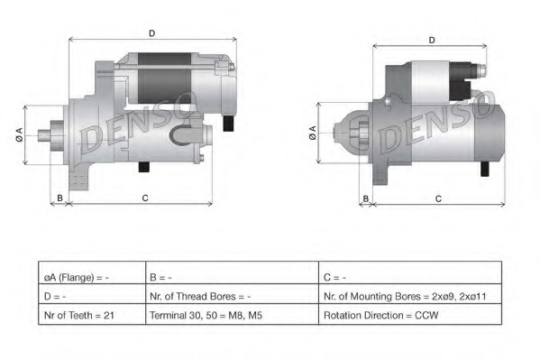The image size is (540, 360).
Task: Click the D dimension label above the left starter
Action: pos(151,33)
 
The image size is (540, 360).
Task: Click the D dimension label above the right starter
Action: pos(432,41)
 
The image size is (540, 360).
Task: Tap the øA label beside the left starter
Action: pos(19,134)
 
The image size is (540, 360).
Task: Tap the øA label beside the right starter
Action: pos(313,133)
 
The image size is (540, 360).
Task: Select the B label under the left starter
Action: pos(59,198)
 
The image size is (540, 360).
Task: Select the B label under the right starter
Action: pos(366,199)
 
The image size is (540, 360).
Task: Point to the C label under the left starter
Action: pos(145,198)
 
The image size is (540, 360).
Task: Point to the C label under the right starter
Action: pos(438,199)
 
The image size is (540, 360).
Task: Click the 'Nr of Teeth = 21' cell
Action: pos(92,315)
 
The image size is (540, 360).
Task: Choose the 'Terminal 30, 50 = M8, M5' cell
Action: pos(232,315)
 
